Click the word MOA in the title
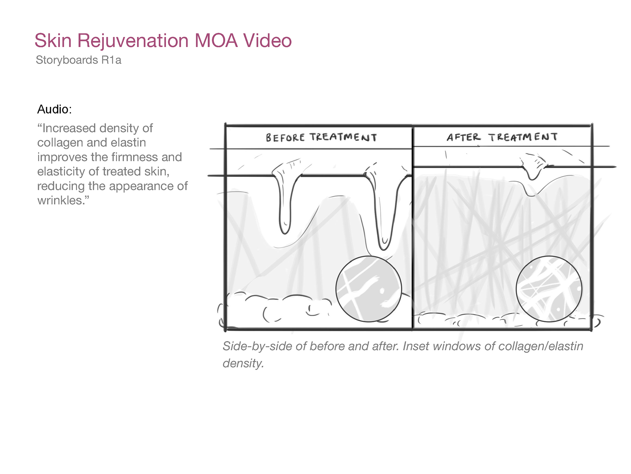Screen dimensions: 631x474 (216, 41)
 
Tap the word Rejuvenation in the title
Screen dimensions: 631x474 (133, 41)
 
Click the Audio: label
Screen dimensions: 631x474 (54, 109)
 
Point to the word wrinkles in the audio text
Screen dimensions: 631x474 (60, 200)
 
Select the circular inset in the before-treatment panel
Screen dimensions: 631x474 (368, 289)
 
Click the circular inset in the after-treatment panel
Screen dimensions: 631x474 (549, 289)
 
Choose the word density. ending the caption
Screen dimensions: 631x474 (243, 363)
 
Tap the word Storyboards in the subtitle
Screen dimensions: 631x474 (67, 60)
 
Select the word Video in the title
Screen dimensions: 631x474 (267, 41)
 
